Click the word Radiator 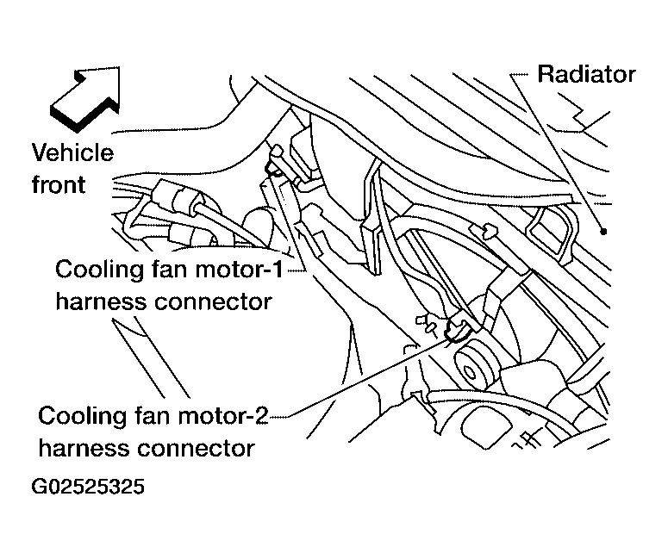point(586,74)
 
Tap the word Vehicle point(73,152)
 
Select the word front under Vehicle point(59,185)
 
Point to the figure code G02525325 point(88,487)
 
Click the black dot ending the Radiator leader point(603,232)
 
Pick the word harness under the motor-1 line point(102,301)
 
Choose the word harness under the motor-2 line point(84,448)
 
